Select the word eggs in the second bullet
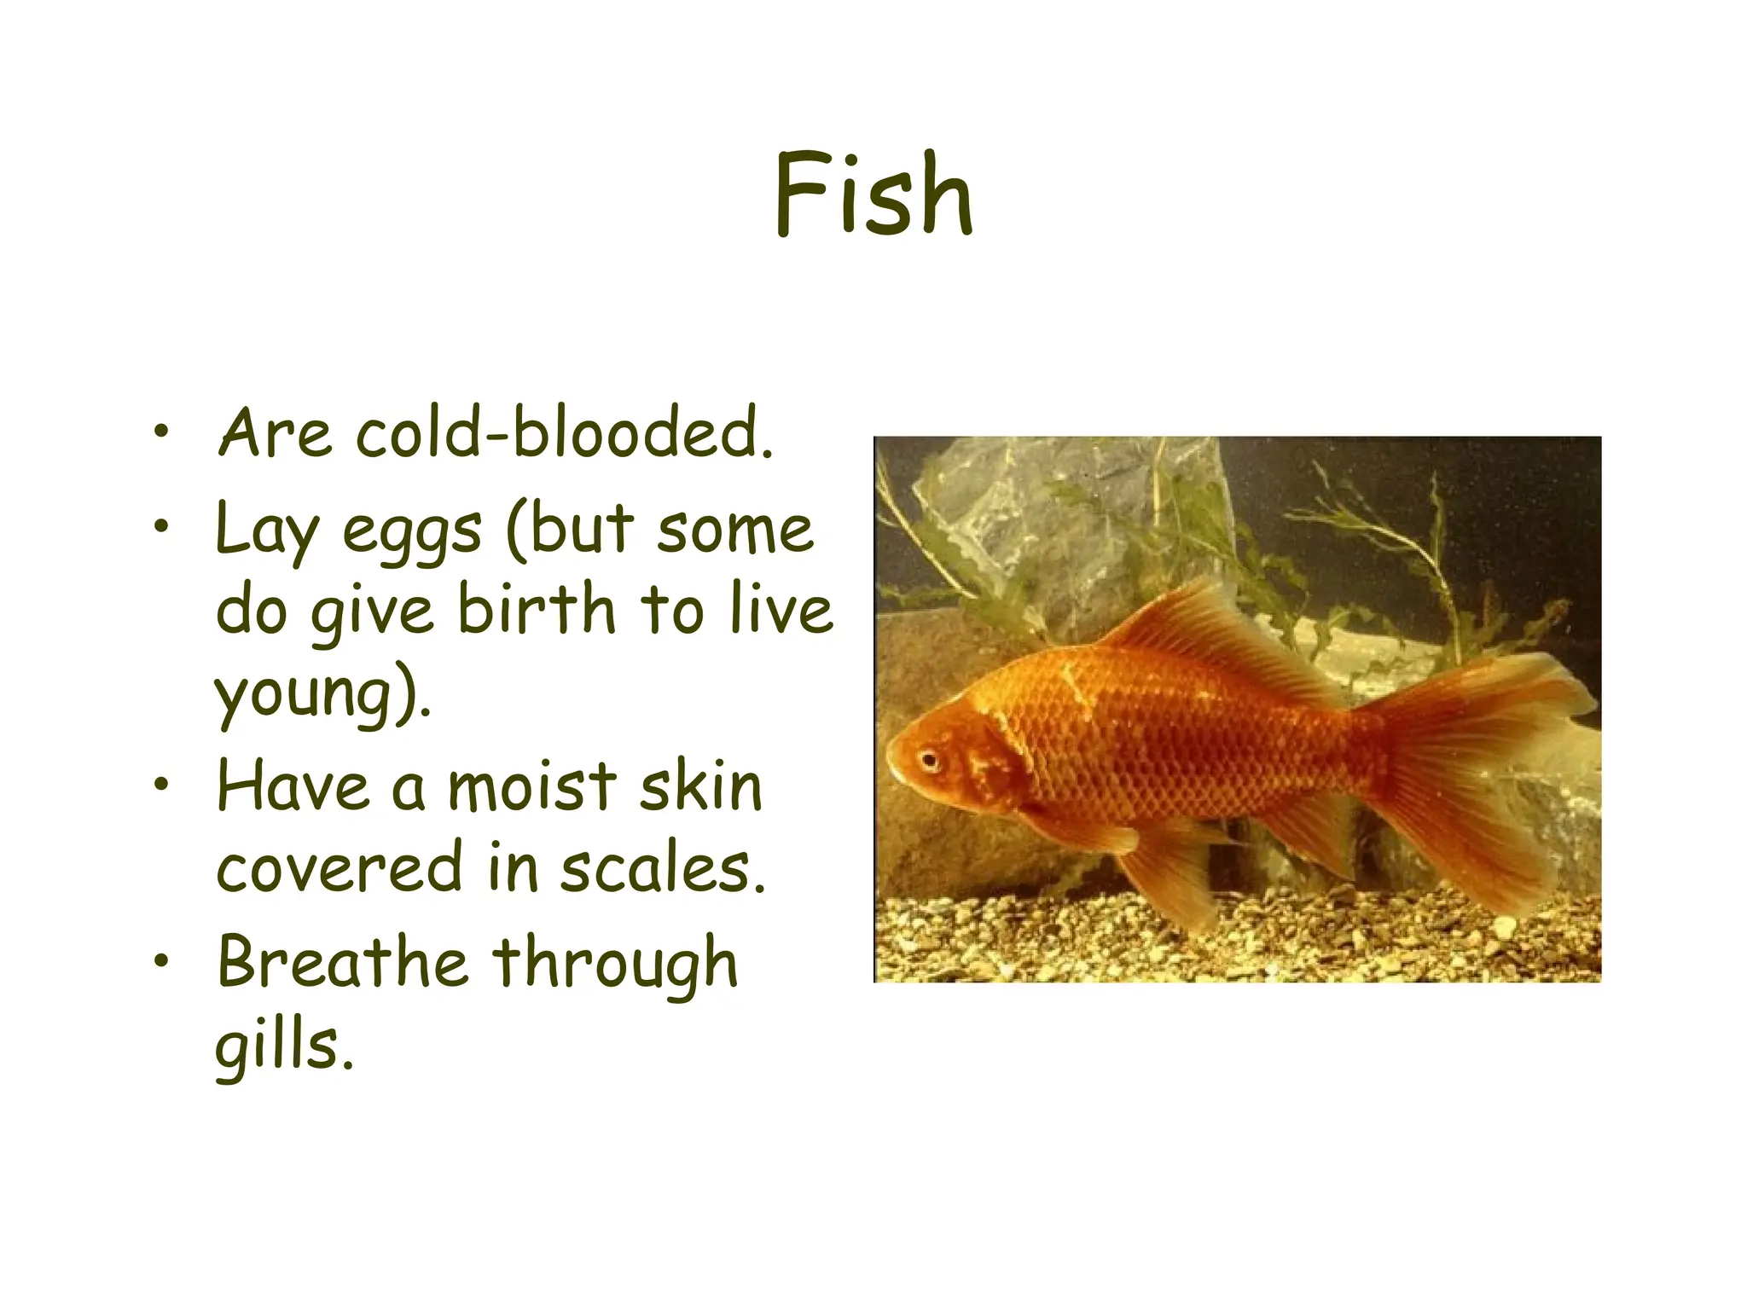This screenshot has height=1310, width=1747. click(x=412, y=531)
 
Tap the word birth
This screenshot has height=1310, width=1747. click(x=536, y=610)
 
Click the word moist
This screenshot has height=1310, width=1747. click(x=531, y=786)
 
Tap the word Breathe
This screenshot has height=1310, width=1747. click(x=341, y=962)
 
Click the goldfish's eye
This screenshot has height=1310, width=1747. click(x=928, y=758)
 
